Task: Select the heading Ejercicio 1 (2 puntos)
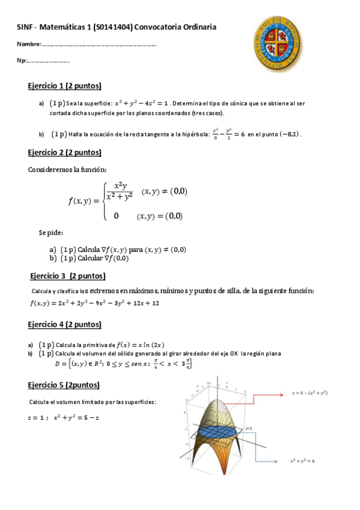[x=64, y=85]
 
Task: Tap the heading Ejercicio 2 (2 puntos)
[x=64, y=152]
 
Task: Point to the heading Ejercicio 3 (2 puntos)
[x=67, y=276]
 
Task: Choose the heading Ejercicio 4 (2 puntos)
[x=64, y=325]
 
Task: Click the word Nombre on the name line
[x=29, y=45]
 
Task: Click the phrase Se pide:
[x=51, y=232]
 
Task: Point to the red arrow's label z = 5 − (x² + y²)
[x=309, y=392]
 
